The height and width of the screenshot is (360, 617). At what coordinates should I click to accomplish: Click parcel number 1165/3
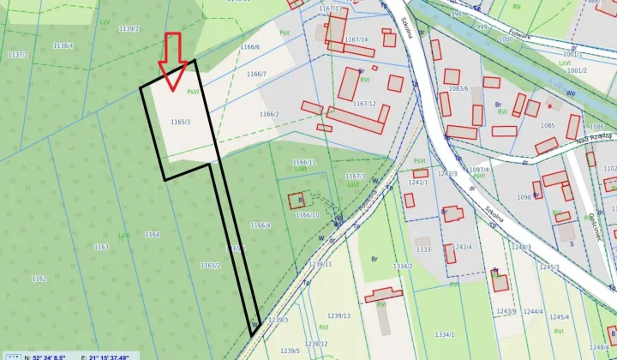tap(180, 122)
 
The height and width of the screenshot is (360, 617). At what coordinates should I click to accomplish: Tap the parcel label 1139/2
tap(129, 28)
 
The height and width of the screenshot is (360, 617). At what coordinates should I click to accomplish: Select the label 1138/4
tap(63, 45)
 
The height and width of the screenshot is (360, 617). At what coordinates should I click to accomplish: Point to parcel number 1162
tap(39, 279)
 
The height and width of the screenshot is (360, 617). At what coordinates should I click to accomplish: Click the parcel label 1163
tap(101, 247)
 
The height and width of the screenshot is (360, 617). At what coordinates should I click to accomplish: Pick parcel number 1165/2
tap(211, 266)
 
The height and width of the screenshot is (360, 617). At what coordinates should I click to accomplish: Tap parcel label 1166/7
tap(256, 75)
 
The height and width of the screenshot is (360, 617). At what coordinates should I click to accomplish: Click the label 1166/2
tap(269, 113)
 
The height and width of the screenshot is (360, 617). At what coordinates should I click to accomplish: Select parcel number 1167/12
tap(364, 104)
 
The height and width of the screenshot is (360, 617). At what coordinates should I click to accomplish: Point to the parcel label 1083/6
tap(459, 88)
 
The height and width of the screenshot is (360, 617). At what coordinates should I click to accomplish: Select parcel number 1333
tap(423, 249)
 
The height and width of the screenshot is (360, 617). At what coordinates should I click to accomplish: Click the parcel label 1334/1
tap(444, 334)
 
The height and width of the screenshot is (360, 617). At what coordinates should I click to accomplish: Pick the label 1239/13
tap(339, 315)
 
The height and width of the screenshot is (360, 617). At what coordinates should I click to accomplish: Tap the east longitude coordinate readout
tap(105, 356)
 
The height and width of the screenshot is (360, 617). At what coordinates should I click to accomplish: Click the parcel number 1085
tap(548, 125)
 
